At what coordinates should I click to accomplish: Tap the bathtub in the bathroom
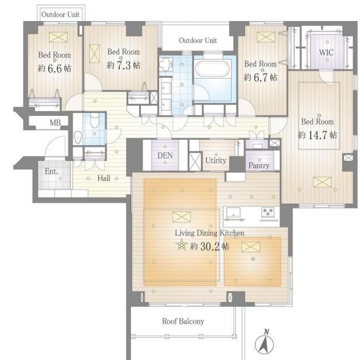213,68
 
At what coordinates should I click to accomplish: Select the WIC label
326,53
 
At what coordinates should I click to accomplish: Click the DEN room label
165,155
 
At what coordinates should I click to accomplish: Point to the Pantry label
259,166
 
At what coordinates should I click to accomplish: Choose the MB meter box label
55,123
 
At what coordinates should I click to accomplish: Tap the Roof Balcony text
183,321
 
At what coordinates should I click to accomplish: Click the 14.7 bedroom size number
318,135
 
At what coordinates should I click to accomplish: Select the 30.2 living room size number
210,246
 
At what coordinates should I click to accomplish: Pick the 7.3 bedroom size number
124,66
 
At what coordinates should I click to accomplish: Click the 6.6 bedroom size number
55,68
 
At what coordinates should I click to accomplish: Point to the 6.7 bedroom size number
261,77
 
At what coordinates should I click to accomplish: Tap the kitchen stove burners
268,212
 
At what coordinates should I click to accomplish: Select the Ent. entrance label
51,171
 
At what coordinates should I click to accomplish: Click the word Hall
104,178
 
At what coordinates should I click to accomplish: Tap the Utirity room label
216,160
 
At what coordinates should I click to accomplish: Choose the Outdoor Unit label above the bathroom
198,40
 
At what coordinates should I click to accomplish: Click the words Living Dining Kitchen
209,233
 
